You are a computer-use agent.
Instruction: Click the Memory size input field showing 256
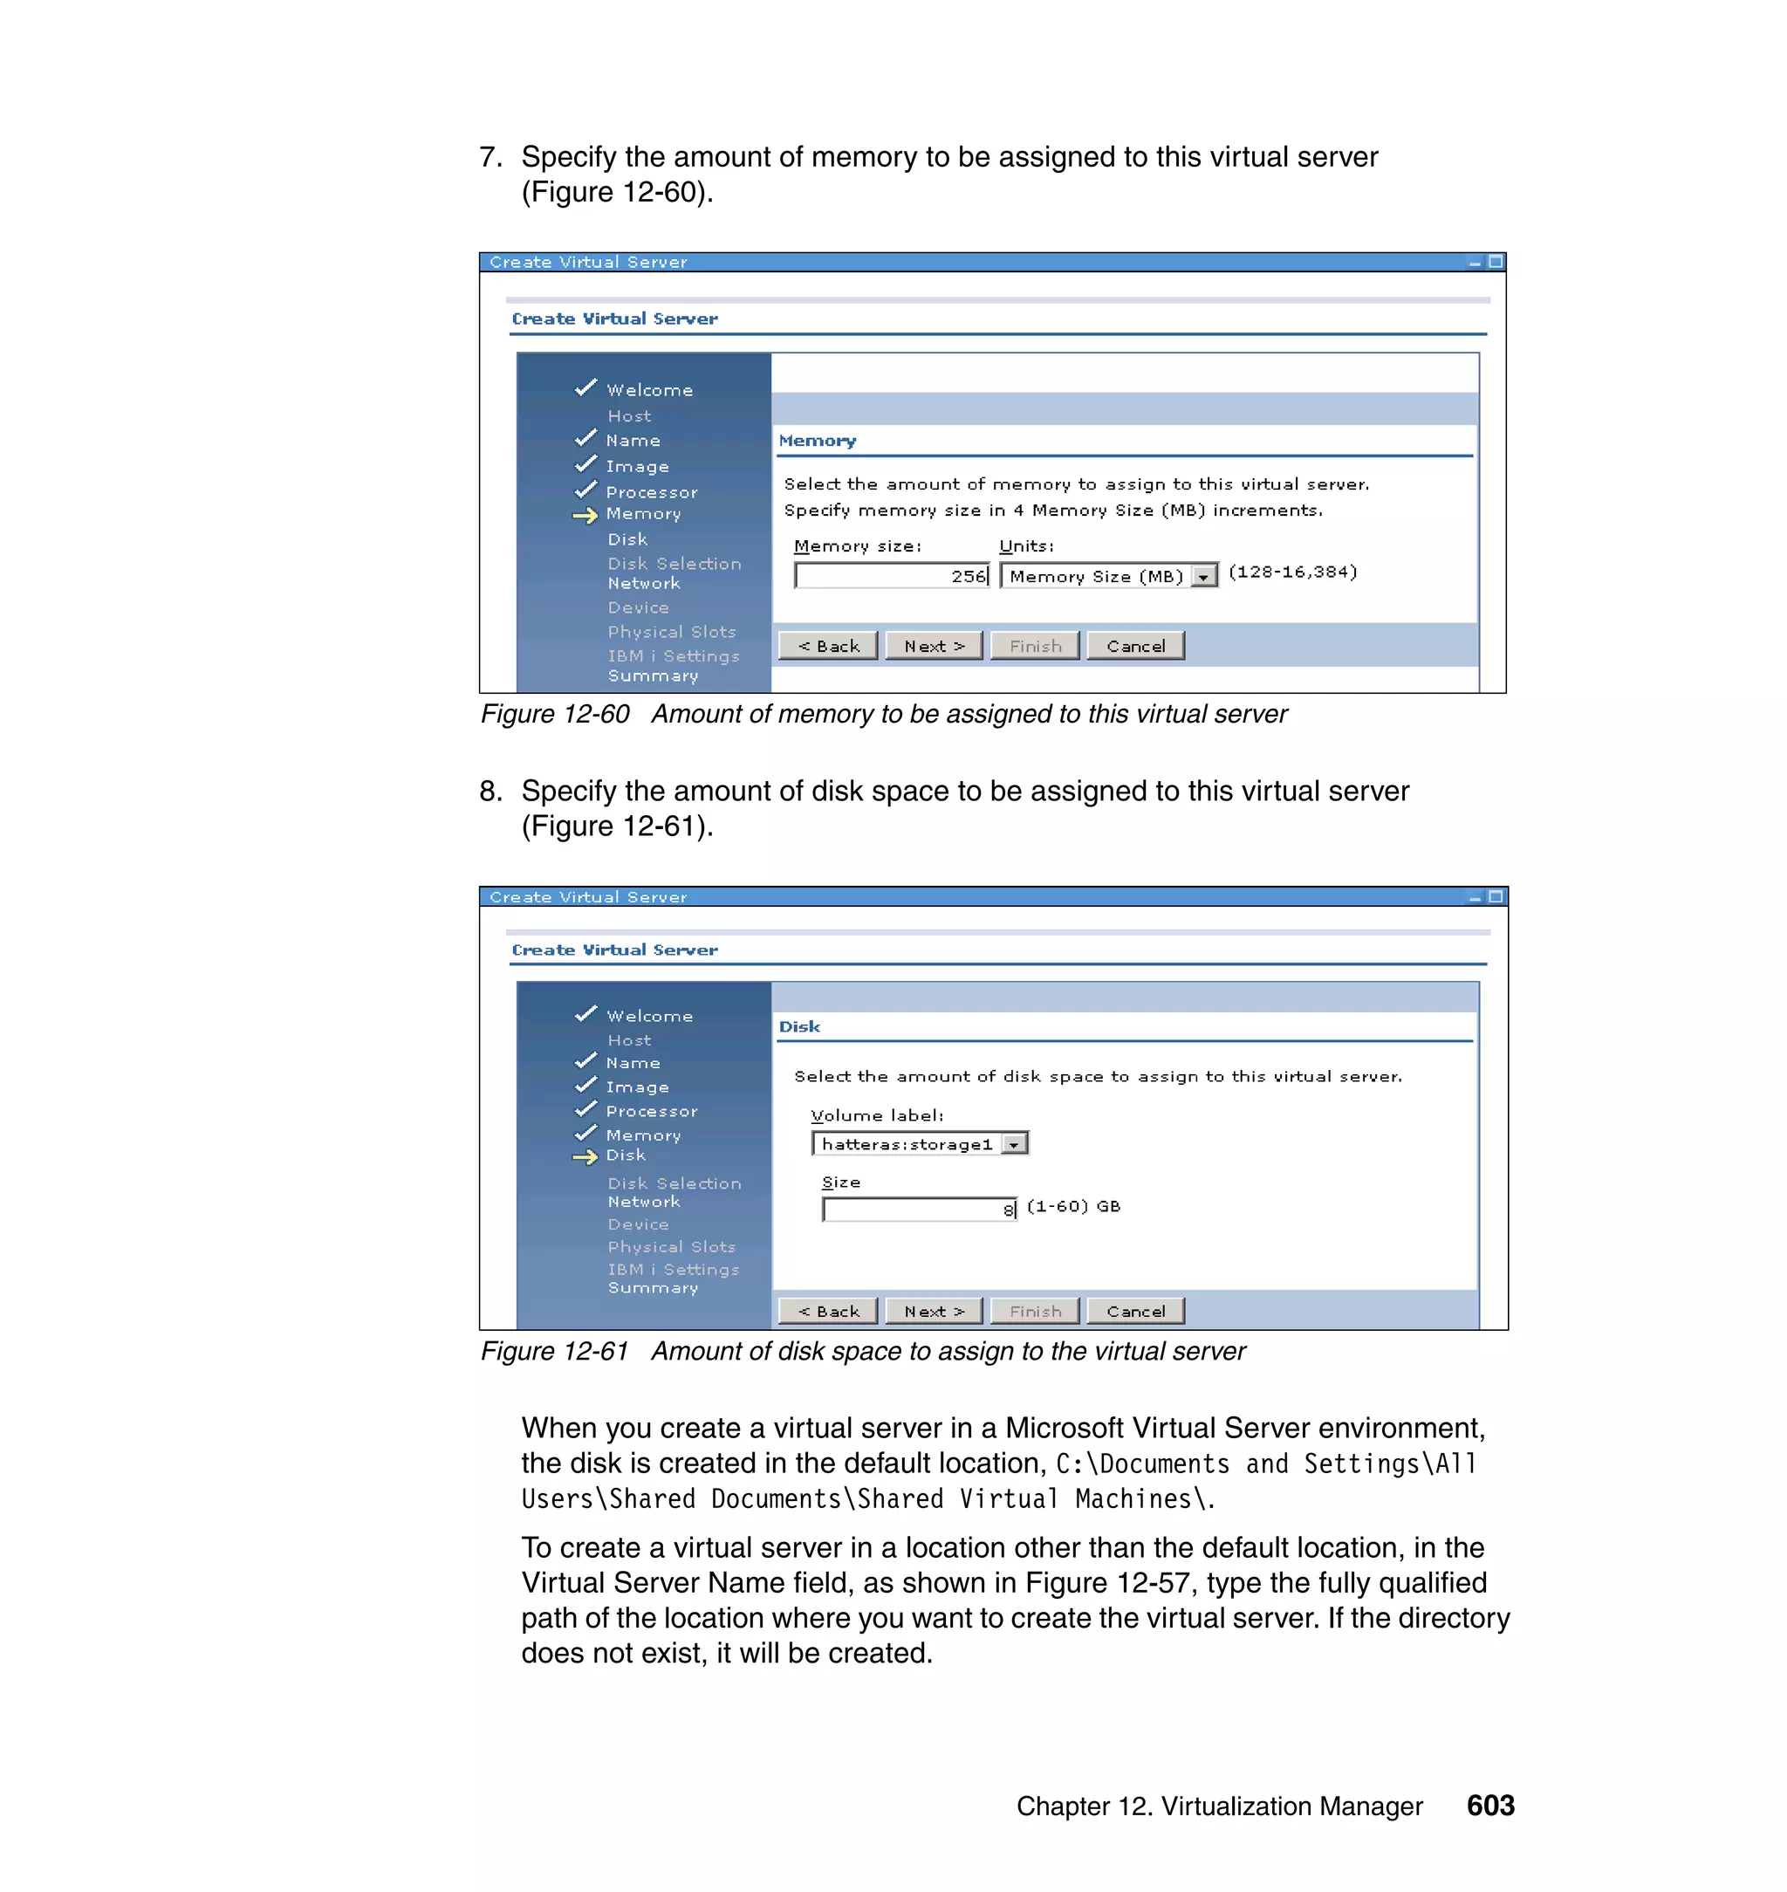(892, 575)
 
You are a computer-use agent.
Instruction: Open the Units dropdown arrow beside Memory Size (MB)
(1204, 576)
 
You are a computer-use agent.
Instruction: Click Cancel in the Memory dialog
(1134, 646)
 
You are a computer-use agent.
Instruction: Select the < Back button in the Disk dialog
(828, 1311)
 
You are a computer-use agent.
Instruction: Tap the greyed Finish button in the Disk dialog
(1035, 1311)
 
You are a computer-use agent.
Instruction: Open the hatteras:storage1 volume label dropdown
(1016, 1144)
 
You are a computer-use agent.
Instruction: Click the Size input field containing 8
(918, 1209)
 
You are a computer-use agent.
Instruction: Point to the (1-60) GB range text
(1072, 1206)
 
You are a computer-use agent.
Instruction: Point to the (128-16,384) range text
(1291, 572)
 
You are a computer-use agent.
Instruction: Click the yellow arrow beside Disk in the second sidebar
(585, 1156)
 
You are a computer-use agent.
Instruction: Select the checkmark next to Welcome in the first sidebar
(585, 387)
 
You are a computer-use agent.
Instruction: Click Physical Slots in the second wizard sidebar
(672, 1246)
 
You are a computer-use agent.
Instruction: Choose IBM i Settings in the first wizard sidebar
(674, 655)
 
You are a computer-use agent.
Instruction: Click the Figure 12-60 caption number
(554, 714)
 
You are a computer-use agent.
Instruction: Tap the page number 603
(1489, 1805)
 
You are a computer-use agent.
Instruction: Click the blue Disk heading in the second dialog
(798, 1026)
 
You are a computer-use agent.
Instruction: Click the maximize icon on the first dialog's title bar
(1496, 261)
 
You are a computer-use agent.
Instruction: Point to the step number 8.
(490, 791)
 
